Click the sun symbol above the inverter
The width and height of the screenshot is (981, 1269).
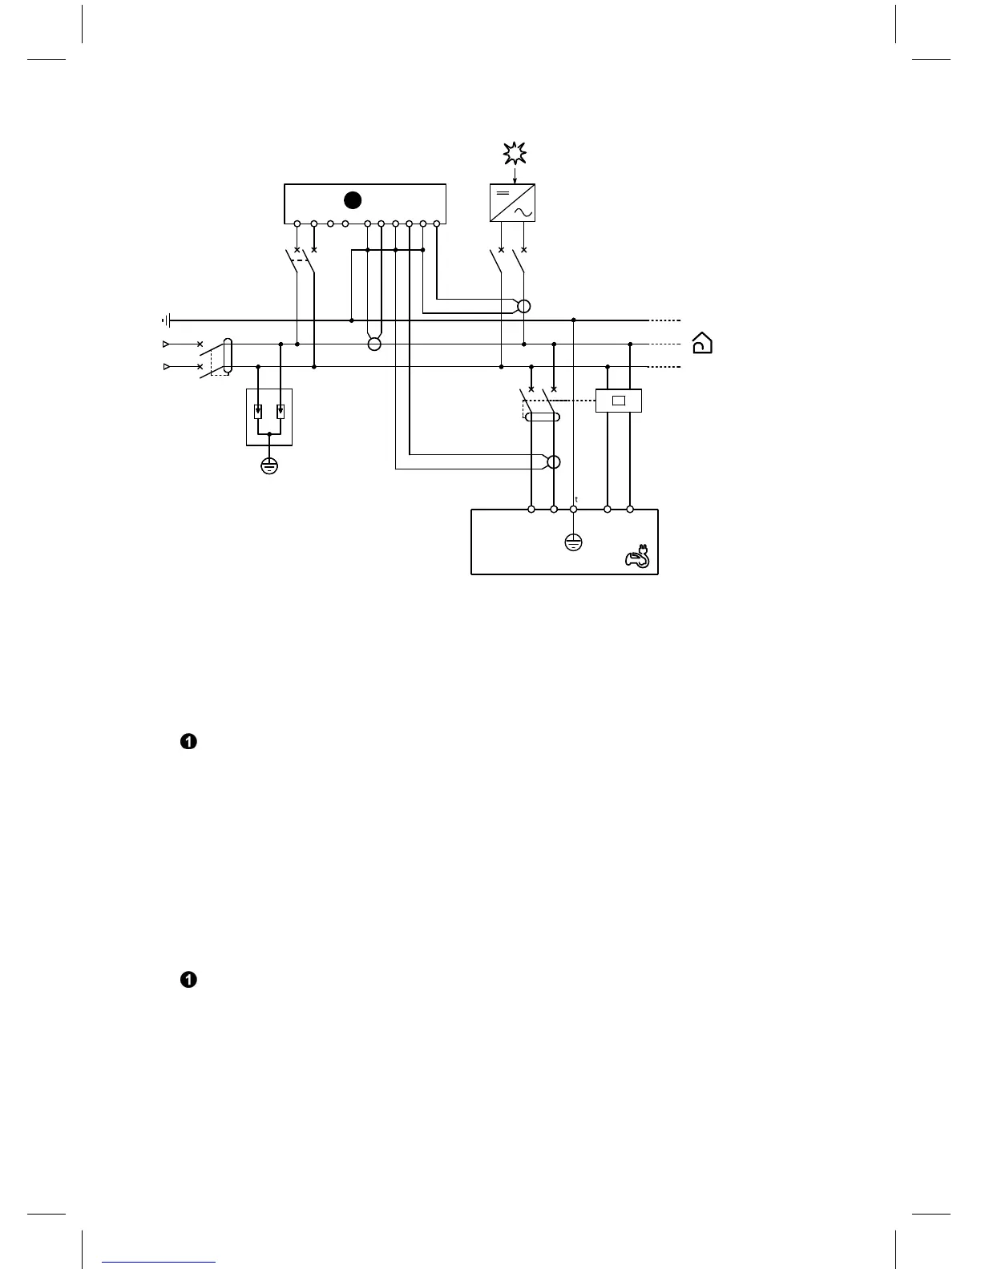(x=514, y=152)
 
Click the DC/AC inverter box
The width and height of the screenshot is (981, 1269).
(x=512, y=203)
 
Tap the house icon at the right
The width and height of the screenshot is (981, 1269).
(x=702, y=343)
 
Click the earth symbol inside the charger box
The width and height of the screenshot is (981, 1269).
(x=573, y=542)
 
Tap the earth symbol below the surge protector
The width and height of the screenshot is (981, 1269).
(x=269, y=465)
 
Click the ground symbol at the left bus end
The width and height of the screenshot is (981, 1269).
(x=166, y=320)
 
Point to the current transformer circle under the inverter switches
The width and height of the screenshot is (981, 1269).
(x=524, y=306)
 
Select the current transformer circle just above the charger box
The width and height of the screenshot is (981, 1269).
(x=553, y=461)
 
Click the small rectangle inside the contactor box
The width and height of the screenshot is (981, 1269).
(x=619, y=401)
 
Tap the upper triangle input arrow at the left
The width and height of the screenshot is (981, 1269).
(x=166, y=344)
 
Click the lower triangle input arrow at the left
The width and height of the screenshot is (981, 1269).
(x=166, y=366)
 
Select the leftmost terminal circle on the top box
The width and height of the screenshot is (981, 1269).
(x=297, y=224)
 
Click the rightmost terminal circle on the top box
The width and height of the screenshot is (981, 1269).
(x=436, y=224)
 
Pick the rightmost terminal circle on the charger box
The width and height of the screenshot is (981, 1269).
(x=630, y=509)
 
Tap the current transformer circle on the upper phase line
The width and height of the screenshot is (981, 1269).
(x=374, y=344)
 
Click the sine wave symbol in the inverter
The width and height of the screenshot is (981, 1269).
(x=523, y=212)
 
